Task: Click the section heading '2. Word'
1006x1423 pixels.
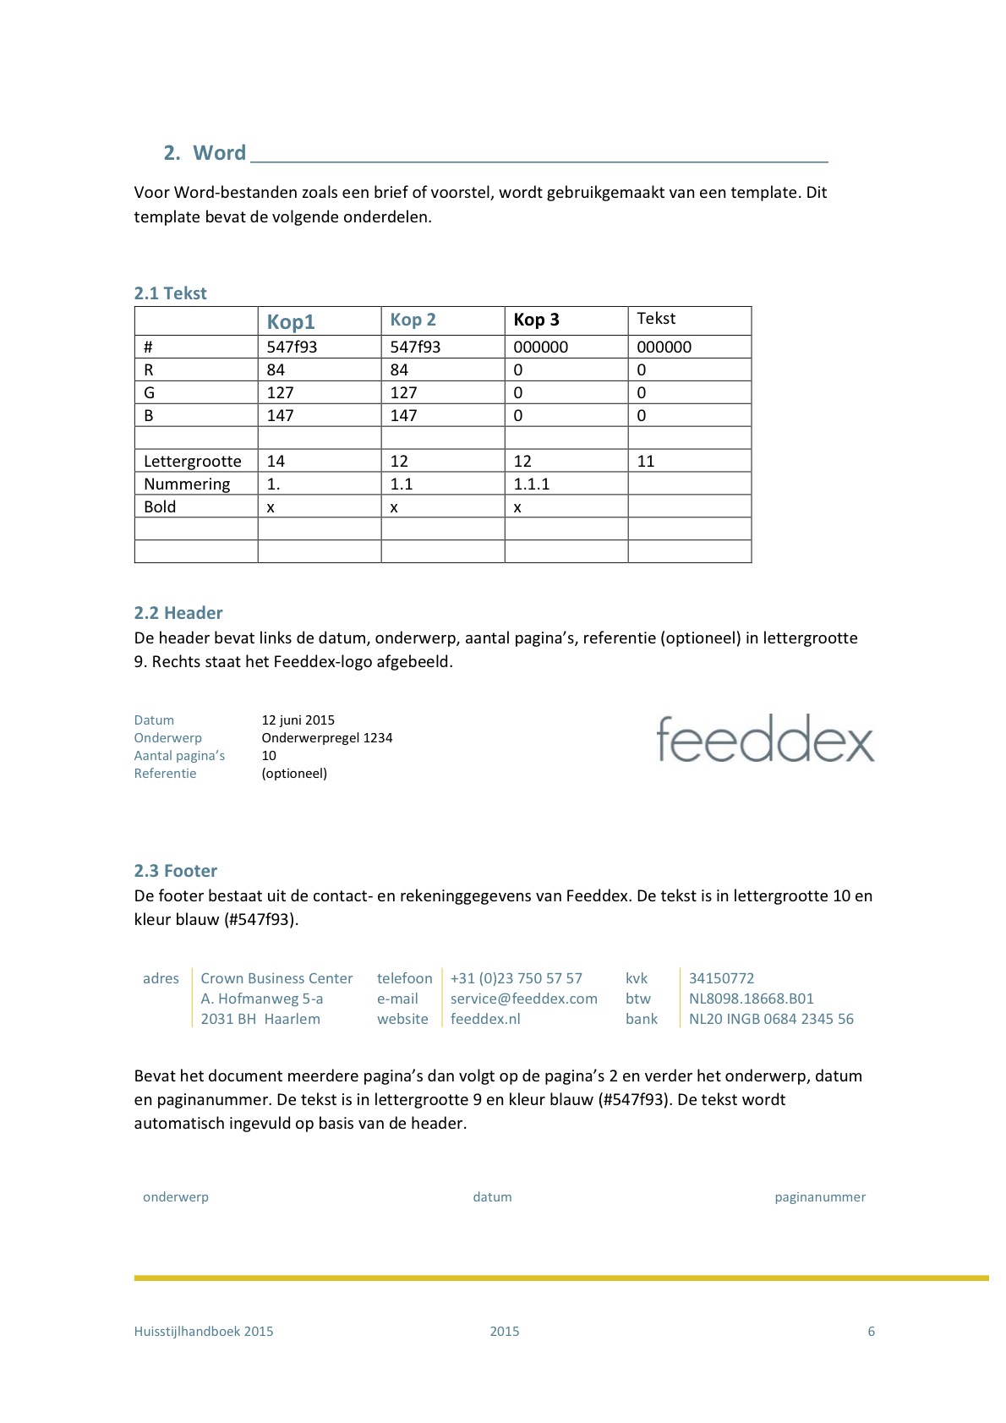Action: coord(205,153)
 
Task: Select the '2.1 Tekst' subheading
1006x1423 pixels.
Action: coord(170,293)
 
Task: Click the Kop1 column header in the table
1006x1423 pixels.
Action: coord(291,321)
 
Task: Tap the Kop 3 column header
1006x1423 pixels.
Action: coord(536,320)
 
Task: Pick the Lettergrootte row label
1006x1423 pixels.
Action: coord(193,461)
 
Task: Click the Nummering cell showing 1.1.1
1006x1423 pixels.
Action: coord(532,484)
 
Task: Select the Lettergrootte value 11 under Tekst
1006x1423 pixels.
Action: coord(646,461)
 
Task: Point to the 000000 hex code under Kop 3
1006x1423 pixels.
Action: coord(541,347)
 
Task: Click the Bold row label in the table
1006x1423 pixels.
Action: coord(160,506)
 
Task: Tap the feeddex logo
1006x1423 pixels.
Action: coord(765,739)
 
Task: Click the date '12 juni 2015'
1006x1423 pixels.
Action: coord(298,720)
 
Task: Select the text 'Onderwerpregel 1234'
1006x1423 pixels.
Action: coord(327,738)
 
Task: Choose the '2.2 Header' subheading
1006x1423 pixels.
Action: coord(178,613)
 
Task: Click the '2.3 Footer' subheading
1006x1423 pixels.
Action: coord(176,871)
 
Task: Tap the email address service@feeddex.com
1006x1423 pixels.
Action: coord(524,999)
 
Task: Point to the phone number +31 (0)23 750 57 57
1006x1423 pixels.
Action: coord(517,978)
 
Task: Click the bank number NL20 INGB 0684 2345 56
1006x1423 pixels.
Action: coord(771,1019)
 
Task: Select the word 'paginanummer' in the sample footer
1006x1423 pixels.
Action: coord(820,1197)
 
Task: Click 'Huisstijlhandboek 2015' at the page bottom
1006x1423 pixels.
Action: coord(204,1332)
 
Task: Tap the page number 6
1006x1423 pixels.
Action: coord(871,1332)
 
